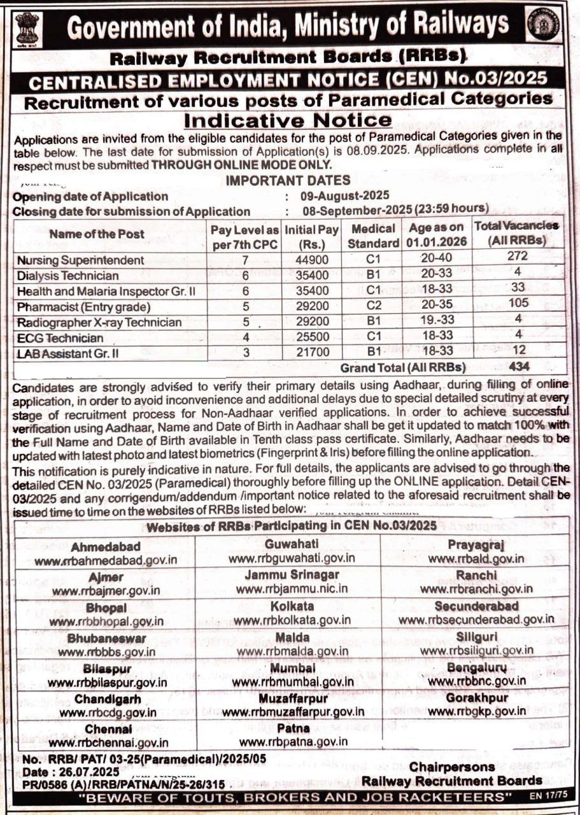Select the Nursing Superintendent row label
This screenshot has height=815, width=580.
81,260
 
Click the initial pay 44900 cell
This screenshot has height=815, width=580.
311,259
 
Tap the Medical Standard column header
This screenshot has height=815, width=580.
374,235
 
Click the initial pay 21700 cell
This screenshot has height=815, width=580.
311,352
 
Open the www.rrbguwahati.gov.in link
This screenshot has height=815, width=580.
292,558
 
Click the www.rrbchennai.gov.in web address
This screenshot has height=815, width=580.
108,742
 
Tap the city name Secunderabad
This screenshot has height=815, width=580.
476,606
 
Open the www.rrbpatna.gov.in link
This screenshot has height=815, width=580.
294,741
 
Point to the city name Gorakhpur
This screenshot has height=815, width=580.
476,698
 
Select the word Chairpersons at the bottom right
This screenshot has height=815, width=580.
452,767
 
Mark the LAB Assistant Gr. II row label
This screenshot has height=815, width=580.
68,353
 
